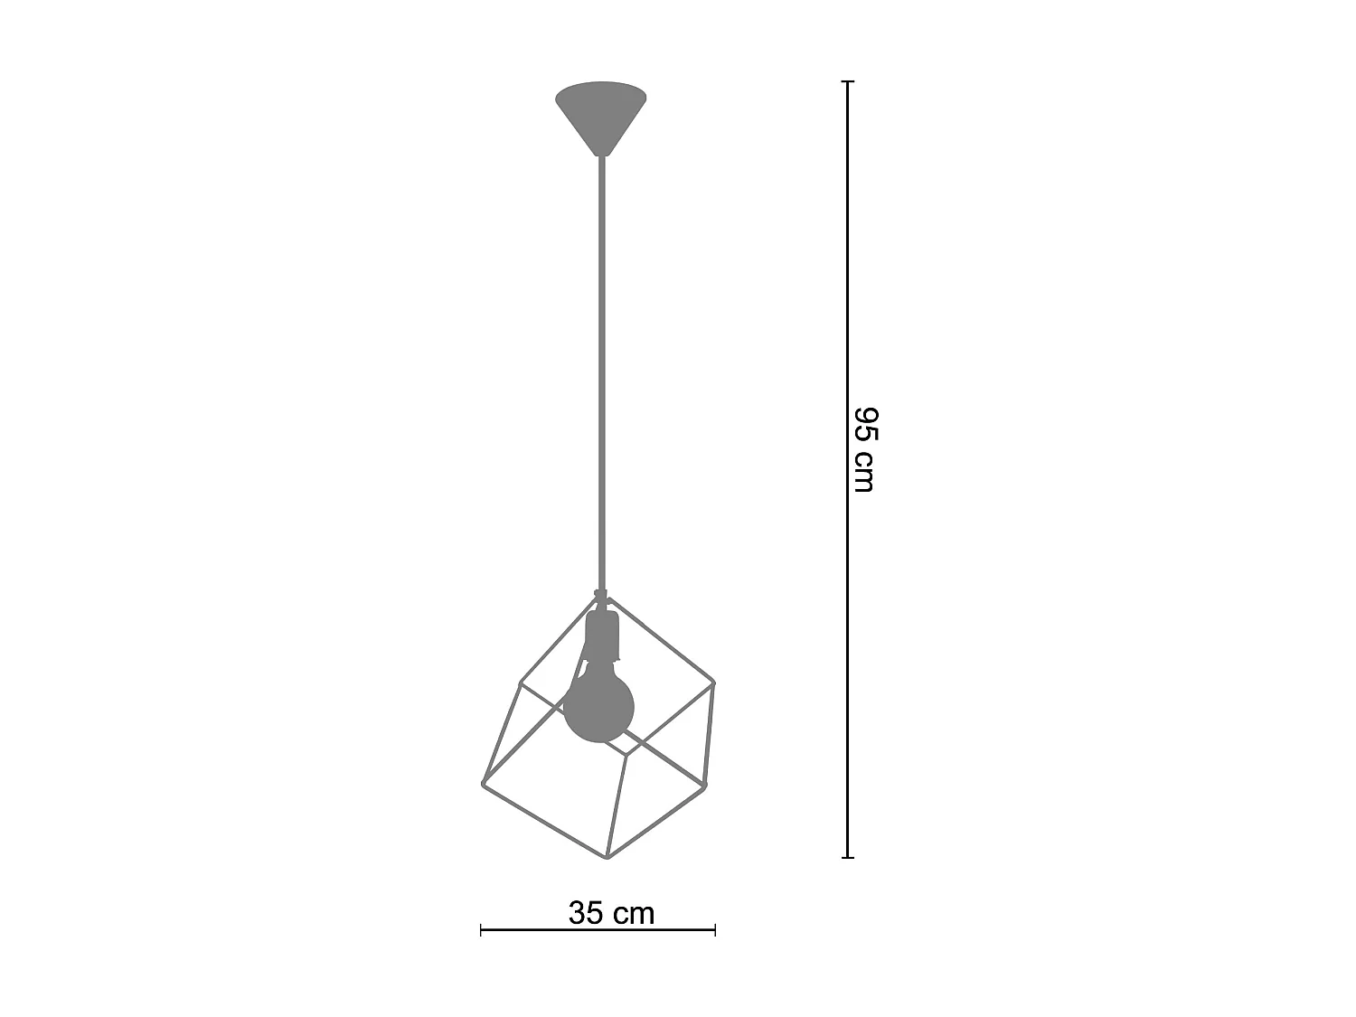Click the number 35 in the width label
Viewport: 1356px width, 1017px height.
pyautogui.click(x=587, y=913)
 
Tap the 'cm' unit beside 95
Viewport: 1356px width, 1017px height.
pyautogui.click(x=865, y=473)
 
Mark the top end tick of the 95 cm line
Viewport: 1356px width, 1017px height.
pyautogui.click(x=847, y=81)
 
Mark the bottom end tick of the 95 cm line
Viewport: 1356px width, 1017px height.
pyautogui.click(x=847, y=857)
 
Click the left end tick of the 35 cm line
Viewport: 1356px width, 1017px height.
pyautogui.click(x=481, y=928)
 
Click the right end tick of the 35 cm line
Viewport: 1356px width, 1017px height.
pyautogui.click(x=715, y=928)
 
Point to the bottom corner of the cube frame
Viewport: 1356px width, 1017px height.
pyautogui.click(x=607, y=857)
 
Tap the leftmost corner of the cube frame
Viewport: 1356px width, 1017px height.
pyautogui.click(x=483, y=783)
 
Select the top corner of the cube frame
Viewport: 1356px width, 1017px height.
pyautogui.click(x=608, y=598)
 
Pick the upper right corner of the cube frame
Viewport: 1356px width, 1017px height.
pyautogui.click(x=713, y=683)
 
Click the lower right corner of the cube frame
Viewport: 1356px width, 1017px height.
pyautogui.click(x=702, y=784)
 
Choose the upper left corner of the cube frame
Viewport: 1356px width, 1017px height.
pyautogui.click(x=519, y=683)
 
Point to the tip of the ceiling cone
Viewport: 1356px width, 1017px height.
pyautogui.click(x=601, y=155)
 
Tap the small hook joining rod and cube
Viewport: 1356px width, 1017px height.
pyautogui.click(x=598, y=594)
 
